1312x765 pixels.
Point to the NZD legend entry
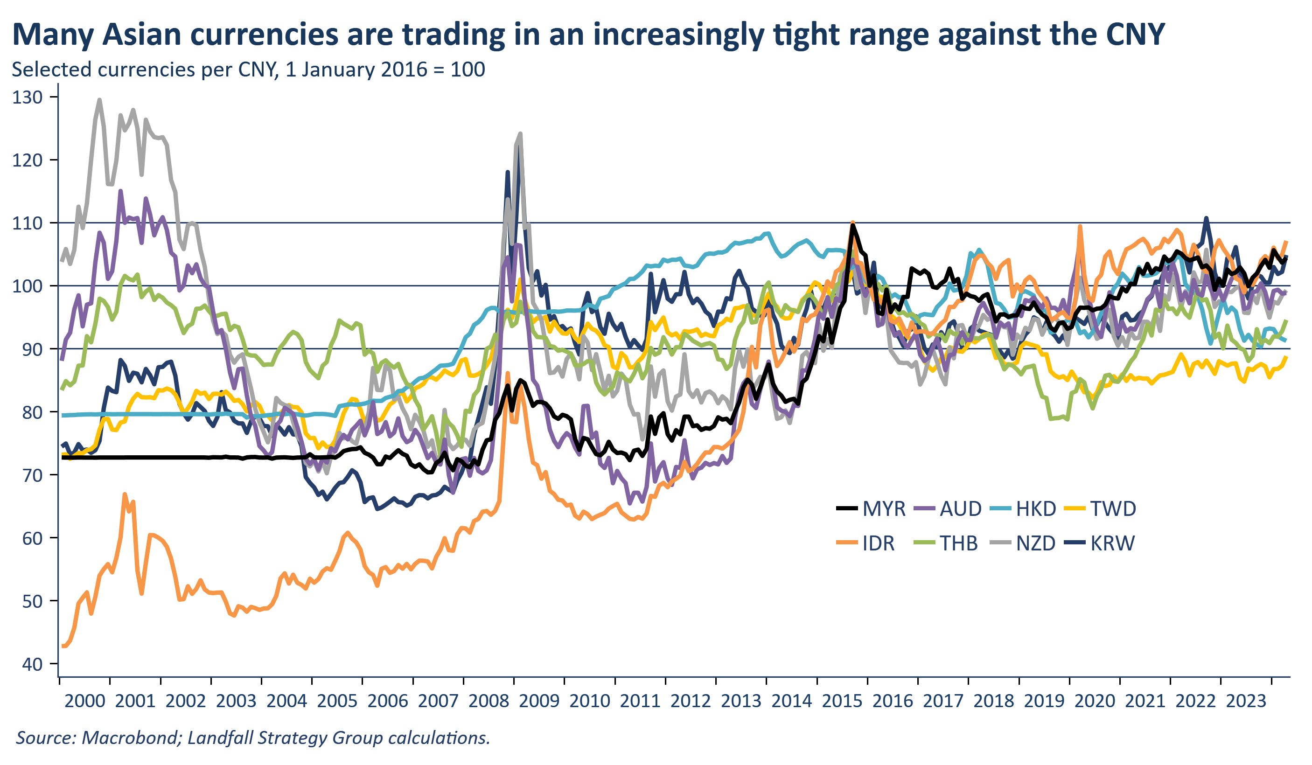coord(1035,543)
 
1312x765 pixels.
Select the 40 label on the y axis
coord(32,665)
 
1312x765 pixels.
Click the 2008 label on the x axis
coord(489,702)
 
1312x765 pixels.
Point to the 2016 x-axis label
coord(893,702)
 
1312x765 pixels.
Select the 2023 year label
coord(1246,702)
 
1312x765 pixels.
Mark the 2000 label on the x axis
coord(84,702)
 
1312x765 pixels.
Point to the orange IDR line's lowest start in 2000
coord(63,646)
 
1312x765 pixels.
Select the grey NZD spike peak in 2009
coord(520,134)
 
